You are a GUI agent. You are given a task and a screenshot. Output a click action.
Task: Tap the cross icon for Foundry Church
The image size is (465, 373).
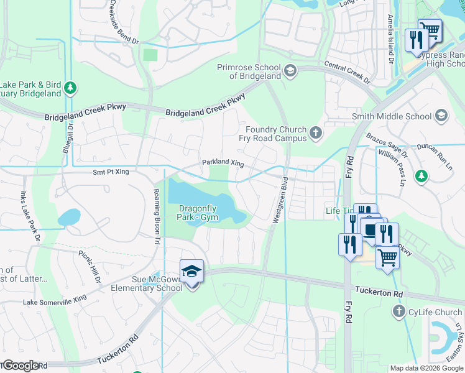click(x=316, y=132)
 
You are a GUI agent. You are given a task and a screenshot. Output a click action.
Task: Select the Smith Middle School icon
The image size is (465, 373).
click(x=441, y=116)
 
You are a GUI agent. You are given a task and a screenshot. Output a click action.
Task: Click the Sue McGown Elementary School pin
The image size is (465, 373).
click(x=191, y=272)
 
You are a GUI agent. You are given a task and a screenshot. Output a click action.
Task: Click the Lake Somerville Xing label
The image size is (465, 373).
click(x=55, y=301)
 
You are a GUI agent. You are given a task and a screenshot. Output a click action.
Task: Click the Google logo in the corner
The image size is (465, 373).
click(x=21, y=366)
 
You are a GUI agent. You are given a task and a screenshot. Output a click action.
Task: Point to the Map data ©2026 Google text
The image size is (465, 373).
click(x=426, y=368)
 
